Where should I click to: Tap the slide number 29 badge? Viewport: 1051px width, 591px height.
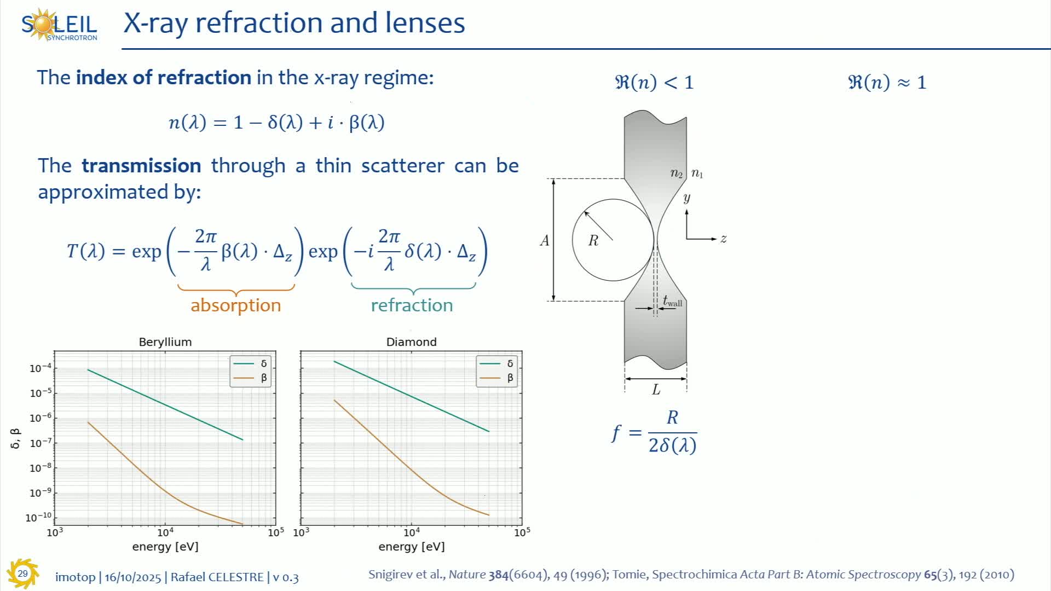(22, 573)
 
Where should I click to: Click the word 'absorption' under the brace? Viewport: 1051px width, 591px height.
(235, 305)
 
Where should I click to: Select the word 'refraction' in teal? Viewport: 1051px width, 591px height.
(412, 305)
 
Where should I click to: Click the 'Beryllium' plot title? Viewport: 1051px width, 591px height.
(165, 342)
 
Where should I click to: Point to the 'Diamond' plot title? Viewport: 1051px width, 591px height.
(412, 342)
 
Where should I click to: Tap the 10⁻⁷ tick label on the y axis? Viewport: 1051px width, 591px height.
(41, 442)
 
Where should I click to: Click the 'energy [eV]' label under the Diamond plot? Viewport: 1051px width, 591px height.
(412, 546)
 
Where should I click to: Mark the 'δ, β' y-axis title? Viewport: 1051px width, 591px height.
(15, 439)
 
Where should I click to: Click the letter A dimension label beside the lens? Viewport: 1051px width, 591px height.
(544, 240)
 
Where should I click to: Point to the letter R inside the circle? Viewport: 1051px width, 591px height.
(593, 240)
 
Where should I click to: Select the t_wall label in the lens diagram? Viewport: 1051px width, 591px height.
(673, 301)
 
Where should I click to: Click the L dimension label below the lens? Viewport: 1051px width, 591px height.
(656, 390)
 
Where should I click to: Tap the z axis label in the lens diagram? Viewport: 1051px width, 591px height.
(724, 239)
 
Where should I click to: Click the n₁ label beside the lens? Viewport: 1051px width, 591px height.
(697, 173)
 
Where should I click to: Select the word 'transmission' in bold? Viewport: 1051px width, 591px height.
(141, 165)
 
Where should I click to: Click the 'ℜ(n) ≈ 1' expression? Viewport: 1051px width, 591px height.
(887, 82)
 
